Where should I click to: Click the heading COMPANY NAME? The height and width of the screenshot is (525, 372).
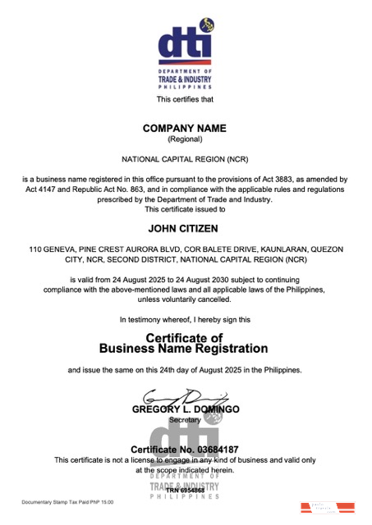pyautogui.click(x=184, y=128)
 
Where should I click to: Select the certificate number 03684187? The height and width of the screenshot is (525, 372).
pyautogui.click(x=212, y=450)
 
